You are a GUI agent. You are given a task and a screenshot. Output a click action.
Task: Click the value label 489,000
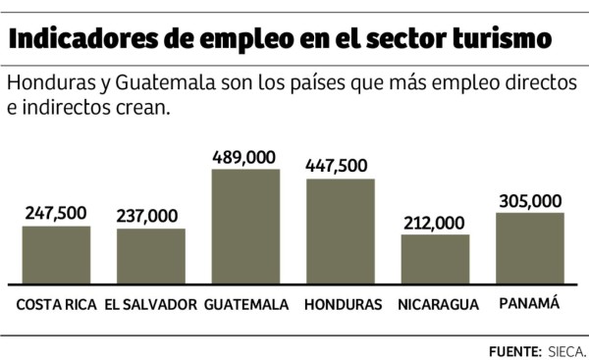pos(245,156)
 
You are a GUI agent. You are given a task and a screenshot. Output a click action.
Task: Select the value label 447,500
pos(340,165)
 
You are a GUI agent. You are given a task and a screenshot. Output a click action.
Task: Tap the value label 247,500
pos(56,213)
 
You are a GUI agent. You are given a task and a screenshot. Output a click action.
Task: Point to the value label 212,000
pos(435,223)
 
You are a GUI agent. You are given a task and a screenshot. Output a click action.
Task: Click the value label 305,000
pos(530,200)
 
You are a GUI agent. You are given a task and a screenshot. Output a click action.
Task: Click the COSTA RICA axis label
pos(57,305)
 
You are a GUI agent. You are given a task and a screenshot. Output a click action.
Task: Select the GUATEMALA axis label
pos(246,305)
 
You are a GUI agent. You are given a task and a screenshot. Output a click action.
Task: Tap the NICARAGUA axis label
pos(438,305)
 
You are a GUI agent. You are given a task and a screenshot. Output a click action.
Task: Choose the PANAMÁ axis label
pos(529,304)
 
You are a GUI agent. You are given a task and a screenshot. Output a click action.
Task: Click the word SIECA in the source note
pos(566,349)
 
